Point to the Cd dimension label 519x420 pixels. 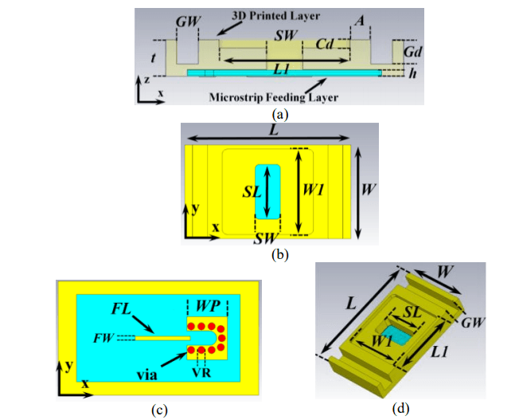click(327, 43)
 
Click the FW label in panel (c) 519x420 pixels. click(103, 338)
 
